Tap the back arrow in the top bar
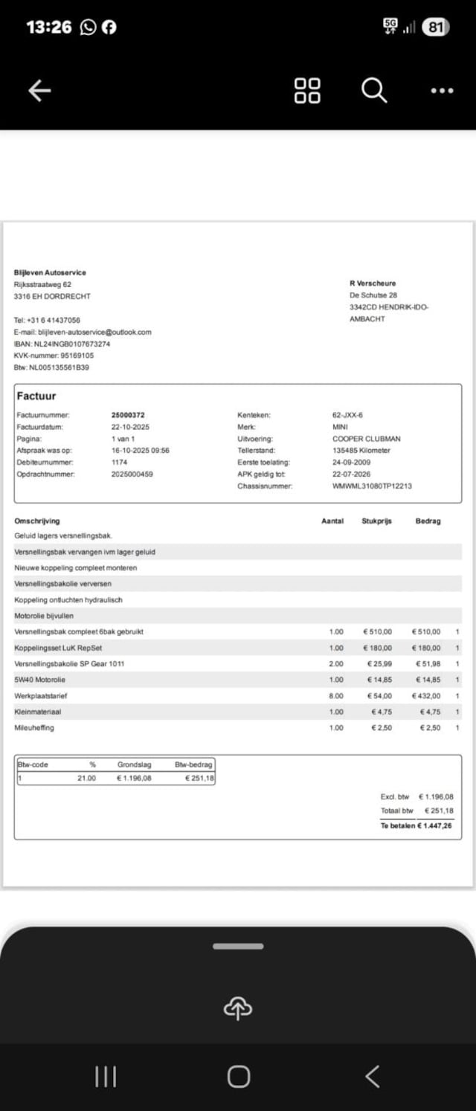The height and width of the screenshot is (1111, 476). click(x=39, y=91)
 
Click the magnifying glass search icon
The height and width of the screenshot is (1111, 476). click(x=374, y=91)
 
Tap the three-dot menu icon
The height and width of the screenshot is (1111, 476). click(x=442, y=91)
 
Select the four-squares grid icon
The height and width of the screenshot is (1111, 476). click(x=307, y=91)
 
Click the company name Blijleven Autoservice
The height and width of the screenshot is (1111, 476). click(x=50, y=272)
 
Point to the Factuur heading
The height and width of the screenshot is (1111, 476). click(x=36, y=396)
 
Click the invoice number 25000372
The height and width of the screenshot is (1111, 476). click(x=128, y=415)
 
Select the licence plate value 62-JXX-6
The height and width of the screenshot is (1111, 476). click(x=347, y=415)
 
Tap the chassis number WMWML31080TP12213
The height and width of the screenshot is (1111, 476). click(x=372, y=486)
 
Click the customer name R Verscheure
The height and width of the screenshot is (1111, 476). click(x=373, y=283)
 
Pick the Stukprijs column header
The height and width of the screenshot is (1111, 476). click(x=376, y=521)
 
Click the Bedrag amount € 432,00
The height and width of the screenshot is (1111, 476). click(x=426, y=696)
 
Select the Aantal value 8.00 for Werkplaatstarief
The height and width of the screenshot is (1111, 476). click(x=336, y=696)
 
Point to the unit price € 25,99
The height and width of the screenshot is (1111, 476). click(x=379, y=663)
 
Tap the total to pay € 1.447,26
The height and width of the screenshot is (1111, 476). click(x=435, y=825)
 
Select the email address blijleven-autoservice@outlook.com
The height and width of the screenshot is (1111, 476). click(x=94, y=332)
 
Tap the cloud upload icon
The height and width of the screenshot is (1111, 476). click(x=238, y=1008)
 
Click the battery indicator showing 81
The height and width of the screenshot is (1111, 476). click(x=436, y=28)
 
